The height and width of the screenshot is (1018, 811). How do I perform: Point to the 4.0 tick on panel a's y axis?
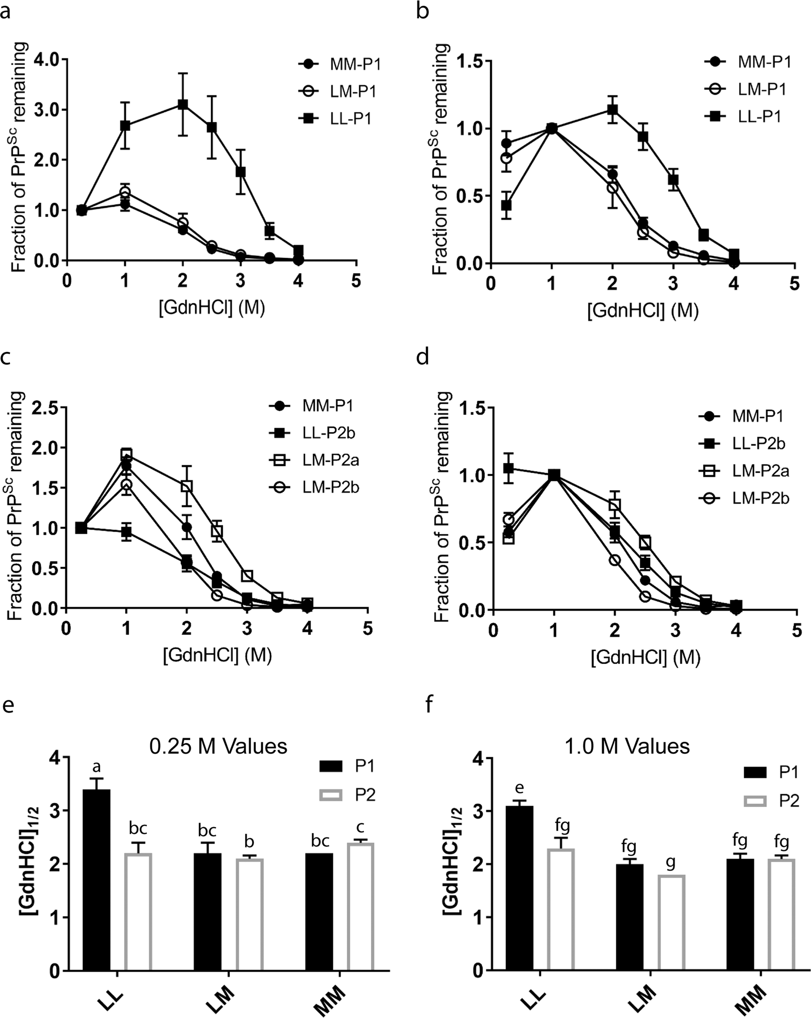pyautogui.click(x=48, y=59)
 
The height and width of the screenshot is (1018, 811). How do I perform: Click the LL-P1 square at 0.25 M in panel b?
pyautogui.click(x=507, y=205)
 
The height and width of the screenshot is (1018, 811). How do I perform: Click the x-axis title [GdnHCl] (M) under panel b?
pyautogui.click(x=642, y=312)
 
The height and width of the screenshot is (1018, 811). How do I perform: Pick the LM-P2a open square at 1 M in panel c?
pyautogui.click(x=127, y=454)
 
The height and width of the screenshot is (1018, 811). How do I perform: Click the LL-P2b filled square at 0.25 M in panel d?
pyautogui.click(x=509, y=468)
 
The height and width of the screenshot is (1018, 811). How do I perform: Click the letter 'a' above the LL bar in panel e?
pyautogui.click(x=97, y=767)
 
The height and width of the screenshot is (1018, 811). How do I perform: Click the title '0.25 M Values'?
pyautogui.click(x=218, y=746)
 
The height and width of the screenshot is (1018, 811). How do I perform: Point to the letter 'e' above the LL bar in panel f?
pyautogui.click(x=527, y=787)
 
